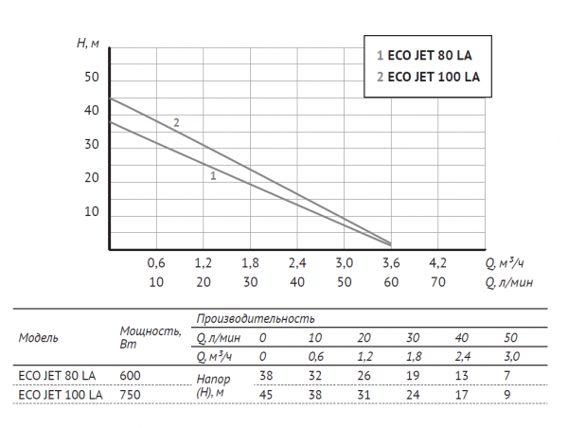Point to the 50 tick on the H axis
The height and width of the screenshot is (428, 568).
92,77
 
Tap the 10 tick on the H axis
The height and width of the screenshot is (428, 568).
92,211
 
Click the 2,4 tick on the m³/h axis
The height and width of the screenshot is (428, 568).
297,262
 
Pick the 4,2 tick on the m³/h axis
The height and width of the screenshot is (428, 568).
438,262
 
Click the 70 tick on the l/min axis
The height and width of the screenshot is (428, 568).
438,282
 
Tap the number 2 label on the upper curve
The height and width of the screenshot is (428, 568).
177,122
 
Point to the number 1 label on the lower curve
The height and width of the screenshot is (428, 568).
214,176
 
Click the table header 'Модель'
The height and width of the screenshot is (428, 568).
39,336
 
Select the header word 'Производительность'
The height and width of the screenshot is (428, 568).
256,319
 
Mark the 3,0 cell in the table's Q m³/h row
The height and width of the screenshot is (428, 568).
511,355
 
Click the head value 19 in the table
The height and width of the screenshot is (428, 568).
413,375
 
